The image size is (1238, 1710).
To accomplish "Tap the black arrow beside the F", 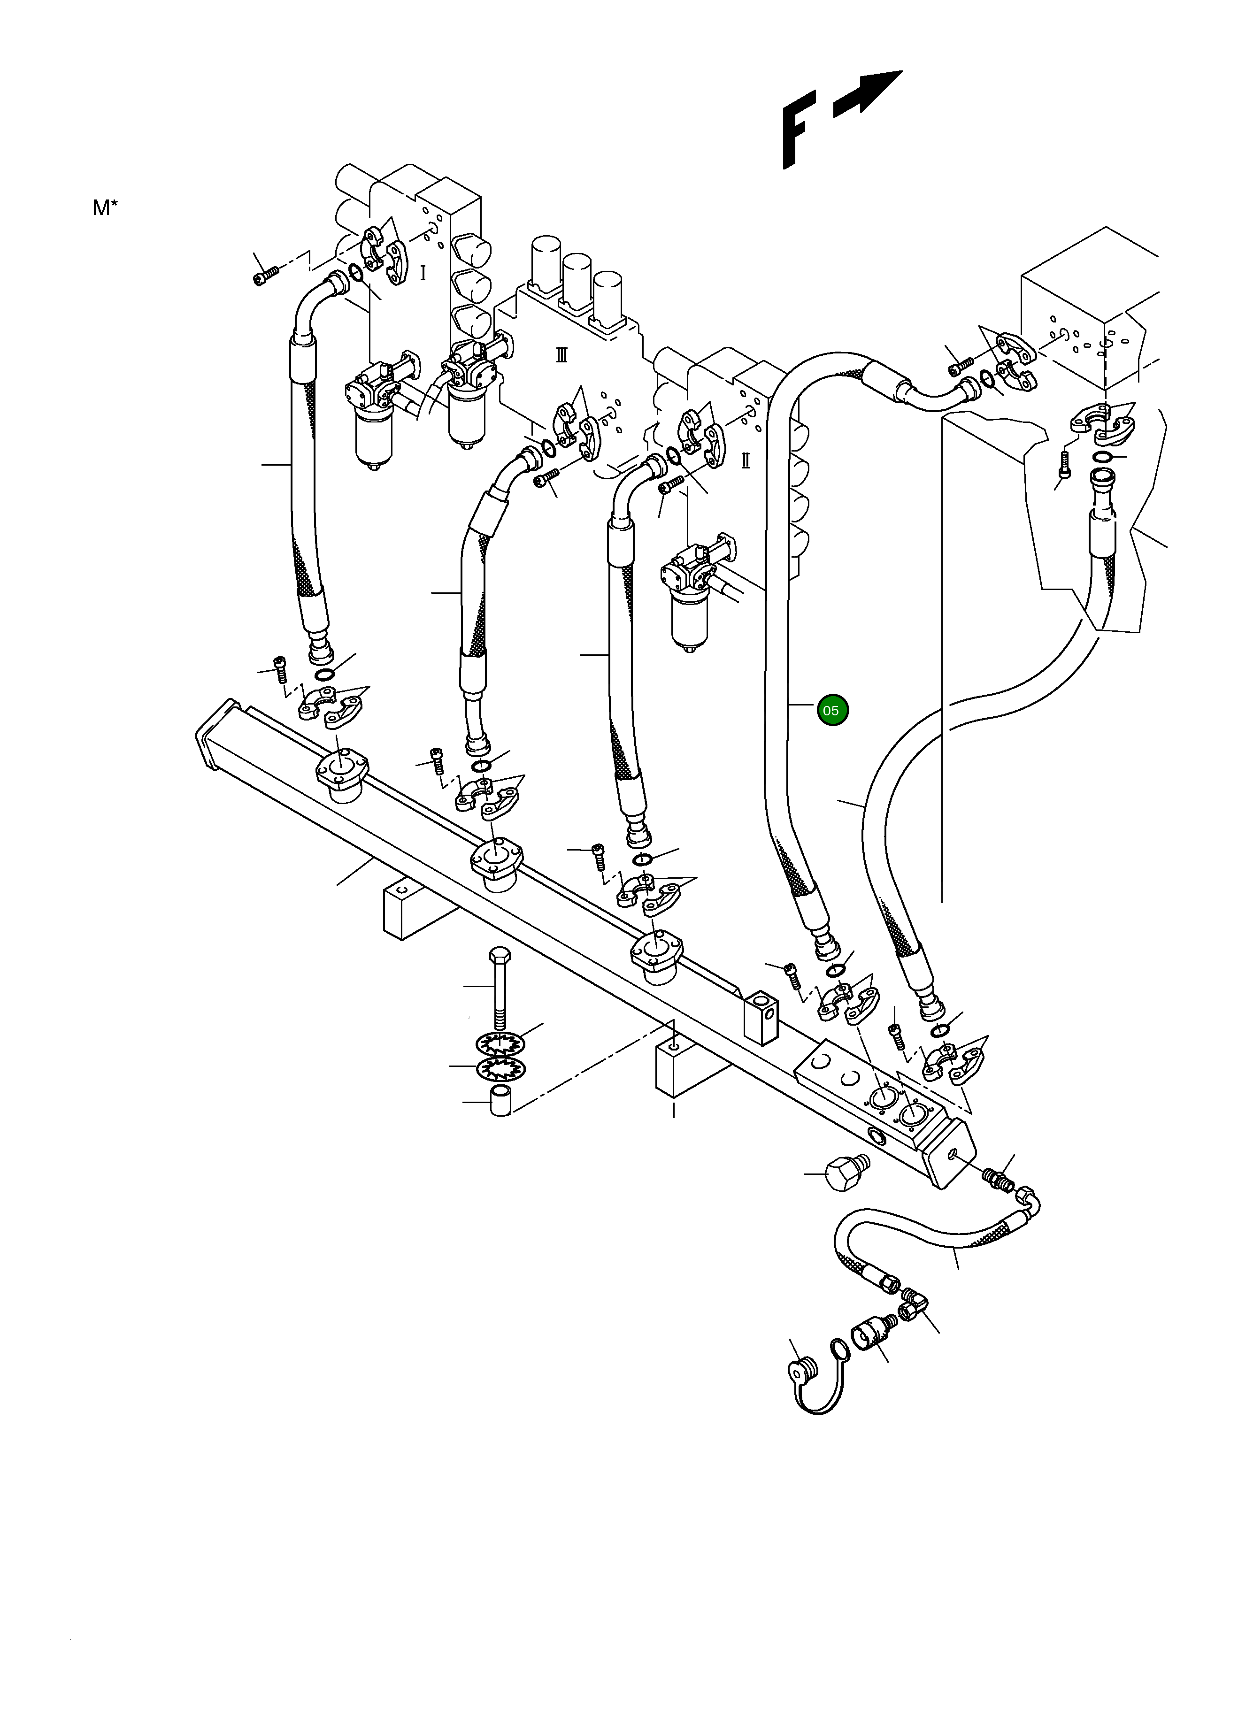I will (867, 95).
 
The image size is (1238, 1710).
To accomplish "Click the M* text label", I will (105, 208).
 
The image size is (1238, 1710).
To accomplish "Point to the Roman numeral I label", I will (422, 273).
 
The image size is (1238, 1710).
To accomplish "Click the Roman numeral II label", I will (745, 460).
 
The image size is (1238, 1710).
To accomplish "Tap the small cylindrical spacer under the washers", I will (500, 1102).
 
